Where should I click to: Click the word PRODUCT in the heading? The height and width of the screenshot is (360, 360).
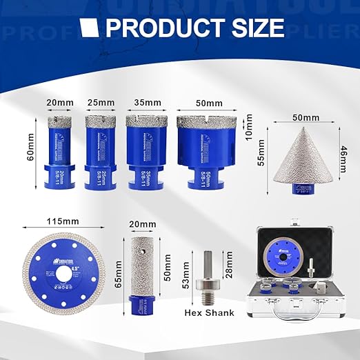[153, 28]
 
